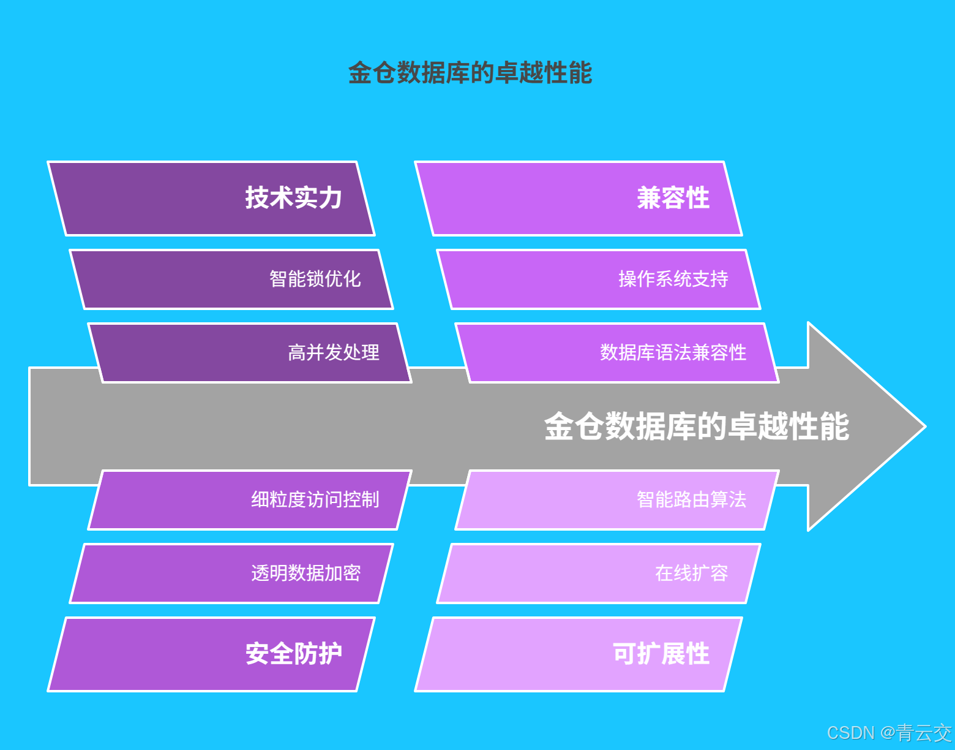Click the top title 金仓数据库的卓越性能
[x=470, y=73]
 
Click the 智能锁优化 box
[x=231, y=279]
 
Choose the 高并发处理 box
[x=250, y=353]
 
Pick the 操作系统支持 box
[x=599, y=279]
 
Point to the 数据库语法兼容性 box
[x=617, y=353]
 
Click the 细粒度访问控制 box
[x=250, y=500]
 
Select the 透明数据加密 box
[x=231, y=574]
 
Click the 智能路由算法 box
[x=617, y=500]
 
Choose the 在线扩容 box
[x=599, y=574]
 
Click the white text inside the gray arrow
[x=697, y=426]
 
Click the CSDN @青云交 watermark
[x=889, y=733]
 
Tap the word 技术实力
[x=293, y=199]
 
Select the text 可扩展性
[x=661, y=654]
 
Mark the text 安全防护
[x=293, y=654]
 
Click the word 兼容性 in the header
[x=673, y=199]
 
